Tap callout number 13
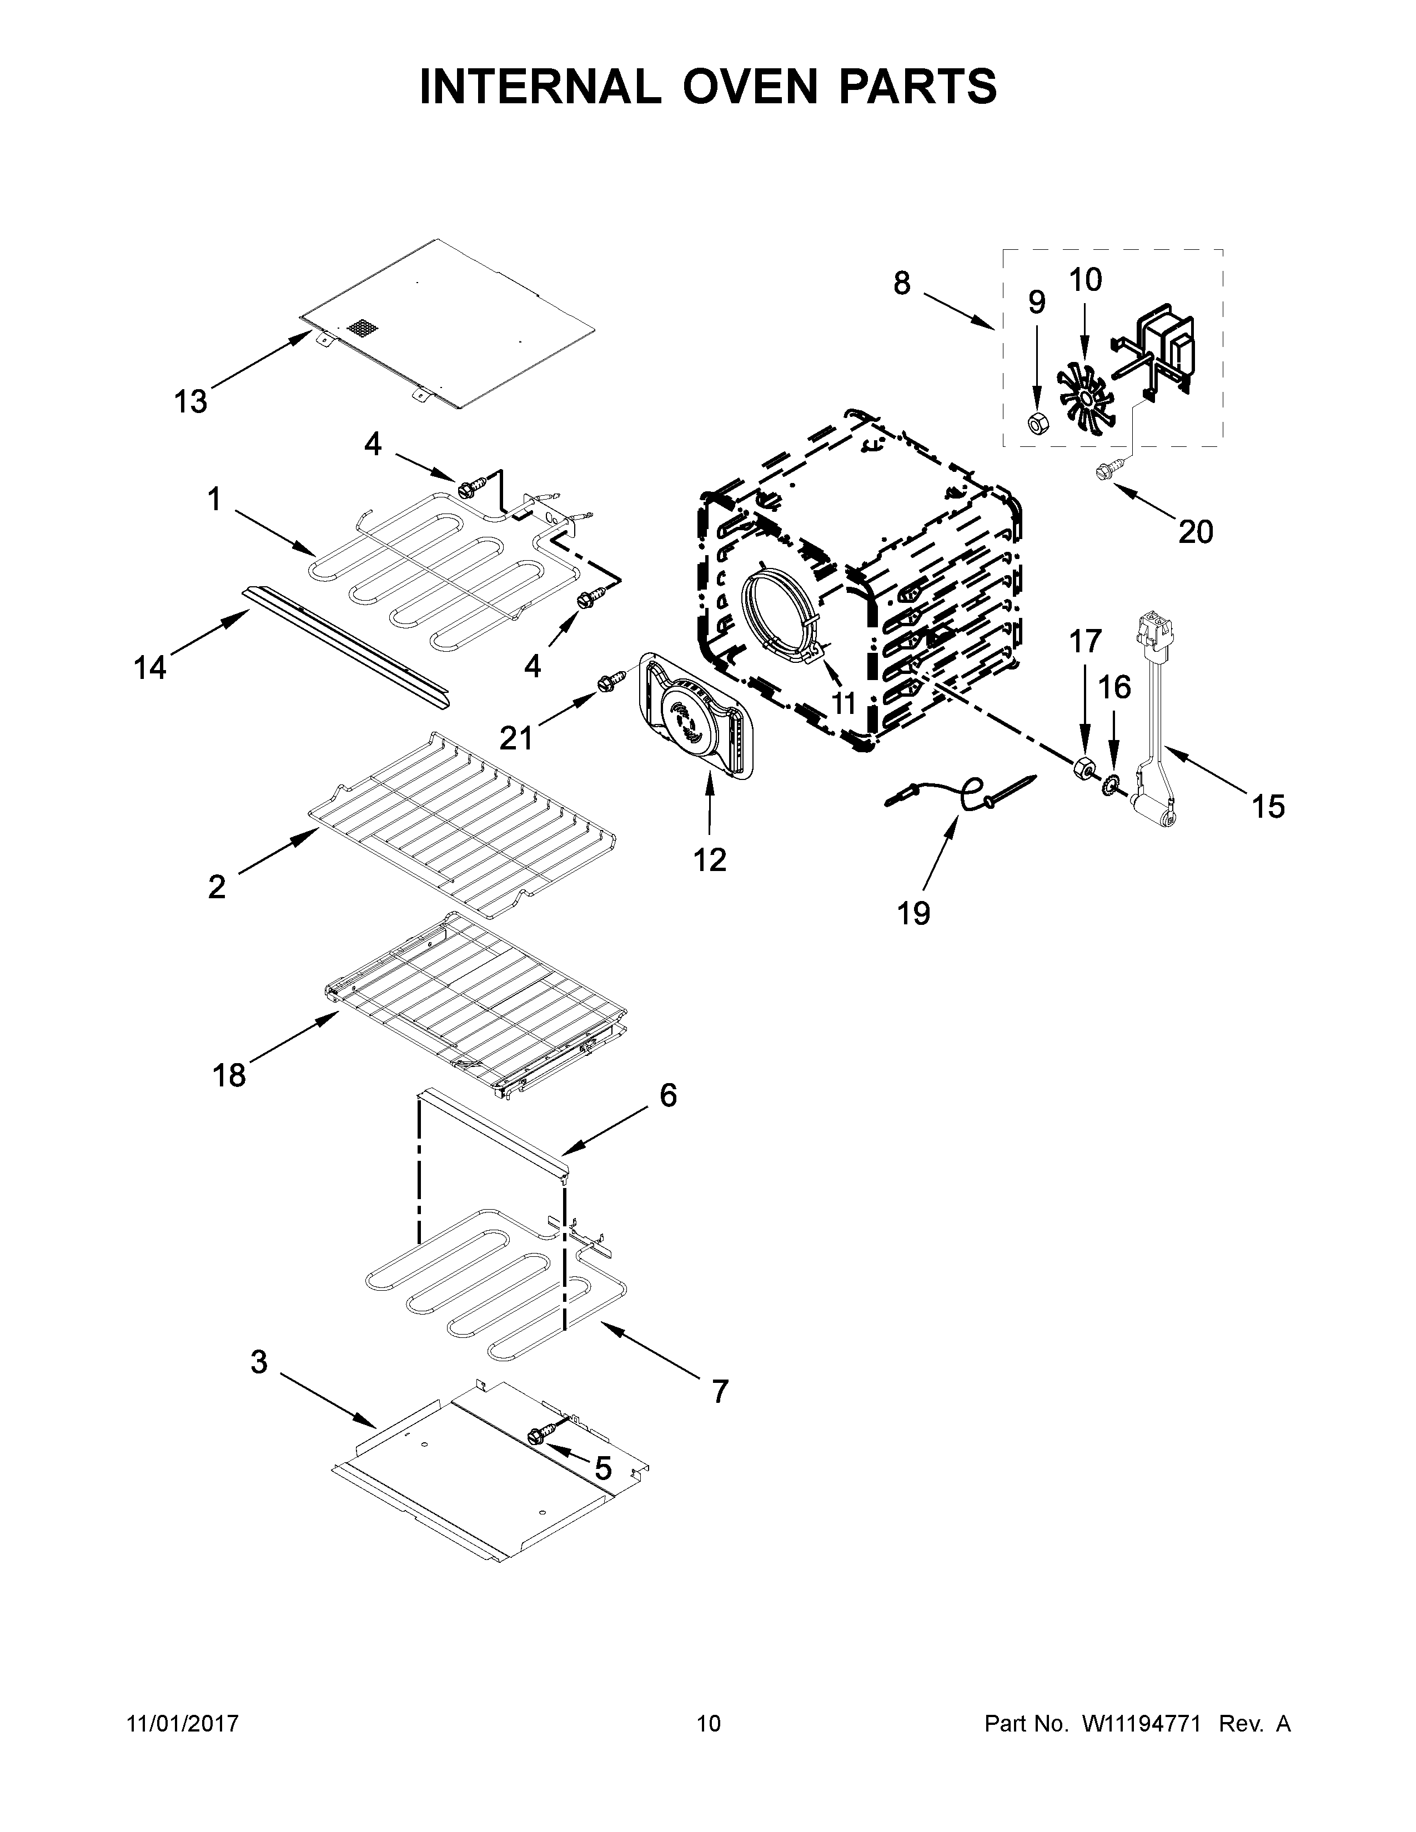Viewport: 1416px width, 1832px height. click(x=190, y=402)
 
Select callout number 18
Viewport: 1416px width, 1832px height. click(x=228, y=1075)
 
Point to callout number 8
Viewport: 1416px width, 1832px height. click(x=902, y=284)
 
